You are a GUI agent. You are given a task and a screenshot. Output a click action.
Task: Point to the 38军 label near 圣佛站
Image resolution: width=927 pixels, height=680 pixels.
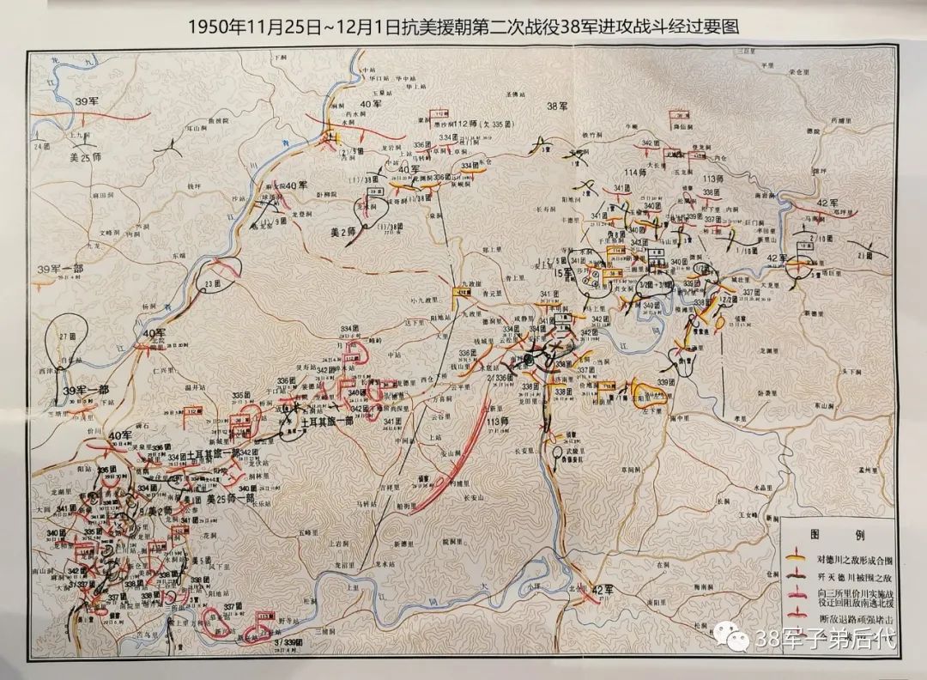click(558, 106)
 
